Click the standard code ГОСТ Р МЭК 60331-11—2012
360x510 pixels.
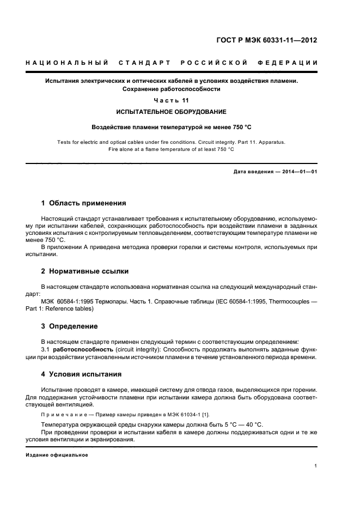coord(267,40)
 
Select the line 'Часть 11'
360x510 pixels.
coord(171,101)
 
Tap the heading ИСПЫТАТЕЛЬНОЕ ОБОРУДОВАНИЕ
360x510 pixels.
coord(171,112)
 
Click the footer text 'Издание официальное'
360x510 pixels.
coord(57,454)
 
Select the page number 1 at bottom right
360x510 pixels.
coord(316,465)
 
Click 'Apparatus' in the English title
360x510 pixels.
coord(270,142)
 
